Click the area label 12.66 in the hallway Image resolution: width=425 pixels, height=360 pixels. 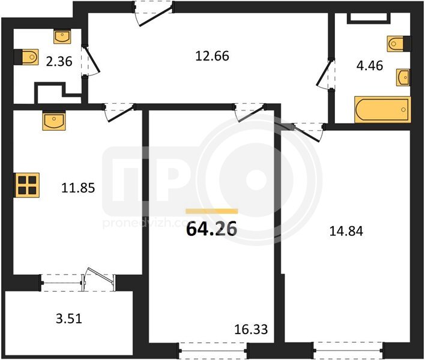click(212, 56)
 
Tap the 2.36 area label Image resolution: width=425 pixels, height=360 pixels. click(59, 61)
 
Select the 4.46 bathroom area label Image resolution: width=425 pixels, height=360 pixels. click(369, 65)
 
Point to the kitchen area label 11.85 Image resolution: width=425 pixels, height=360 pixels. click(78, 188)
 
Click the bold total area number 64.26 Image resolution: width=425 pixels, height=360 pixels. click(212, 229)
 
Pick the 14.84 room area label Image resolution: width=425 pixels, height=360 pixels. click(346, 232)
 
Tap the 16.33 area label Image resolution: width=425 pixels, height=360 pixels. click(251, 329)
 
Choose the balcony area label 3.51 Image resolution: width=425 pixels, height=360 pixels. click(69, 319)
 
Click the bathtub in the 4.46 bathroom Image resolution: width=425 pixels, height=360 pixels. click(383, 109)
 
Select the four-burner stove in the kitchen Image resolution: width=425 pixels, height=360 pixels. click(27, 185)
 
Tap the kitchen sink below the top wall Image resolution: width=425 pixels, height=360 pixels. click(54, 121)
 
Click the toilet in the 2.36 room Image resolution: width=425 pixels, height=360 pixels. click(26, 57)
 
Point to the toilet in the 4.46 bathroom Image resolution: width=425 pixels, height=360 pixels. click(399, 44)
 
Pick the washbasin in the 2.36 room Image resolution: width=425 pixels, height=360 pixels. click(62, 37)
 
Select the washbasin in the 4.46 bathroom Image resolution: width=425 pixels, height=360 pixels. click(403, 77)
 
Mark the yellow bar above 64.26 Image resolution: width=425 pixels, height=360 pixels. click(212, 211)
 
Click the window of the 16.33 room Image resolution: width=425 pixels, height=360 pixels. click(213, 351)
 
